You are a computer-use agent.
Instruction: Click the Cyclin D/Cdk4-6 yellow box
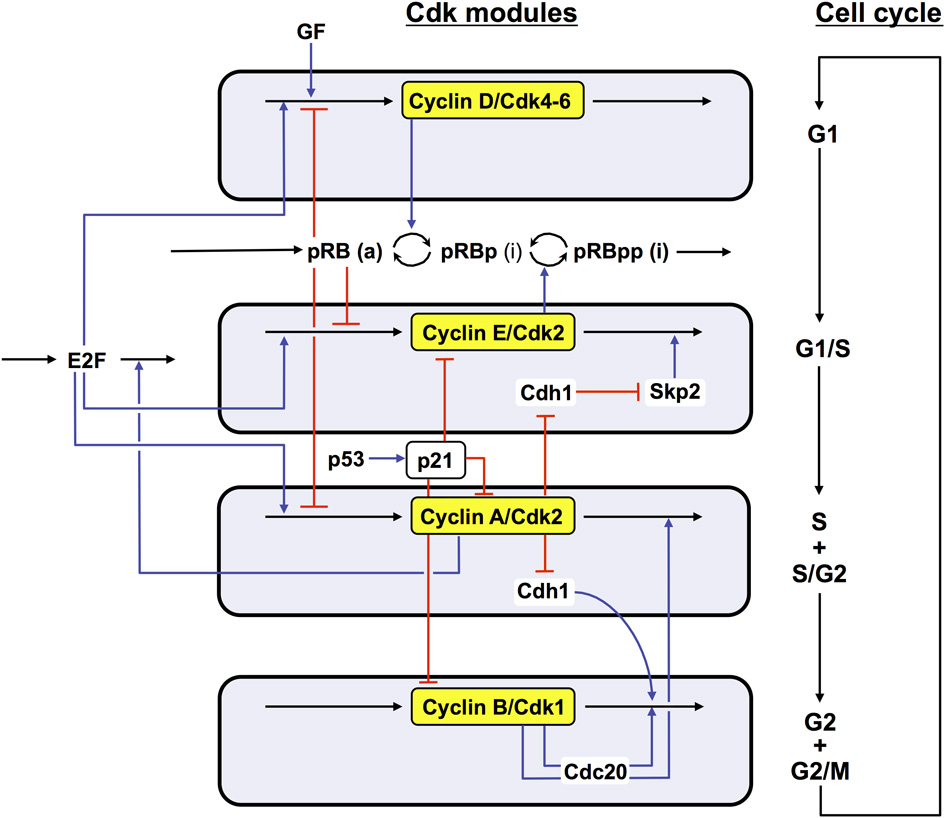492,100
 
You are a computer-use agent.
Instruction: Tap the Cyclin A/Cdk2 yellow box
493,517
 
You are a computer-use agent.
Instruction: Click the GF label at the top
312,32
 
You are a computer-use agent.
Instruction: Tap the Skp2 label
675,391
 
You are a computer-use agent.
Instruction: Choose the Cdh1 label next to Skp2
544,391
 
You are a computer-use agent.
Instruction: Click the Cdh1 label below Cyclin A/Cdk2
542,591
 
